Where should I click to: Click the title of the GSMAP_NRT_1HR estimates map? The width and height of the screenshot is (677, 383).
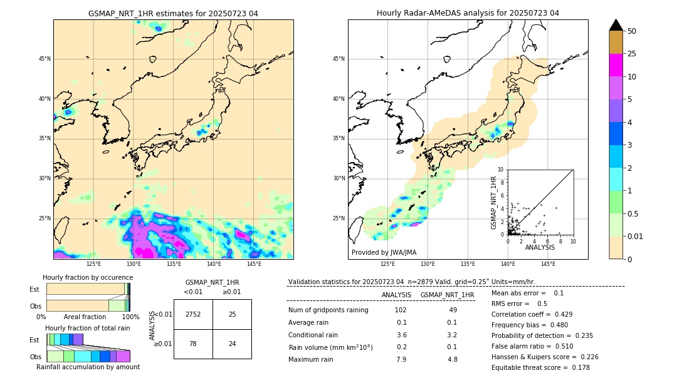[x=173, y=13]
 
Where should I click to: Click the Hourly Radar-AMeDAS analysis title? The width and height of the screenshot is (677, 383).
[x=468, y=13]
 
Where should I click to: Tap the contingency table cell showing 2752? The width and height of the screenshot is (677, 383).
[x=193, y=314]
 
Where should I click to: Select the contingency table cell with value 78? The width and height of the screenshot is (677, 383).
[x=193, y=344]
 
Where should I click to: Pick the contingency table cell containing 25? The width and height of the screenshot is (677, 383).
[x=232, y=314]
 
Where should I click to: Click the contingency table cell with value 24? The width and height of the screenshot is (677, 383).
[x=232, y=344]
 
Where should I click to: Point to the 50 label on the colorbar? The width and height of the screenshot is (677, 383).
[x=632, y=31]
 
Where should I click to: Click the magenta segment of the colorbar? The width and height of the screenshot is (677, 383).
[x=616, y=65]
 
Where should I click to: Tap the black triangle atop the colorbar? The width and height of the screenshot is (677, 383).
[x=616, y=24]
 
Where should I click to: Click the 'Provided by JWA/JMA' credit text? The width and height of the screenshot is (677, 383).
[x=384, y=253]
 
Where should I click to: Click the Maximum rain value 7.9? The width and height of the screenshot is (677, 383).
[x=401, y=359]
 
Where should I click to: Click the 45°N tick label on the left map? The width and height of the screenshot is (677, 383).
[x=45, y=59]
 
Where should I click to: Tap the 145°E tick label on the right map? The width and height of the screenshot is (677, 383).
[x=548, y=264]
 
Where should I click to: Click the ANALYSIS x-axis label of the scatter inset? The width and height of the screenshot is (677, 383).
[x=540, y=248]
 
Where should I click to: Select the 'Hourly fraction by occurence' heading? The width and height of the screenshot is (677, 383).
[x=88, y=277]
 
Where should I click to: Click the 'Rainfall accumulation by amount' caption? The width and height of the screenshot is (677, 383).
[x=88, y=367]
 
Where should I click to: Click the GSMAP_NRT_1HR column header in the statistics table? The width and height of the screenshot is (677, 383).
[x=447, y=295]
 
